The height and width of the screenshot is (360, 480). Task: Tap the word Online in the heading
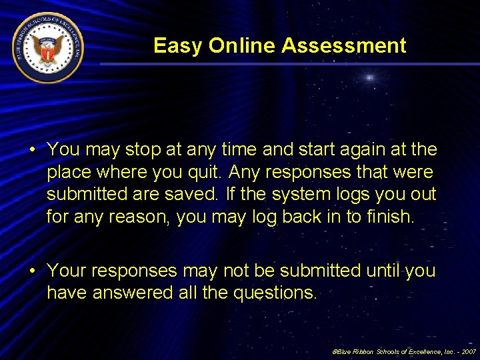(x=242, y=45)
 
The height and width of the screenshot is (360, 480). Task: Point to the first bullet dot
(x=32, y=149)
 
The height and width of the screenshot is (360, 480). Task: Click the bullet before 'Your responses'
(x=32, y=271)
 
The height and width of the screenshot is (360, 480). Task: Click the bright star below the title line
(x=368, y=78)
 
